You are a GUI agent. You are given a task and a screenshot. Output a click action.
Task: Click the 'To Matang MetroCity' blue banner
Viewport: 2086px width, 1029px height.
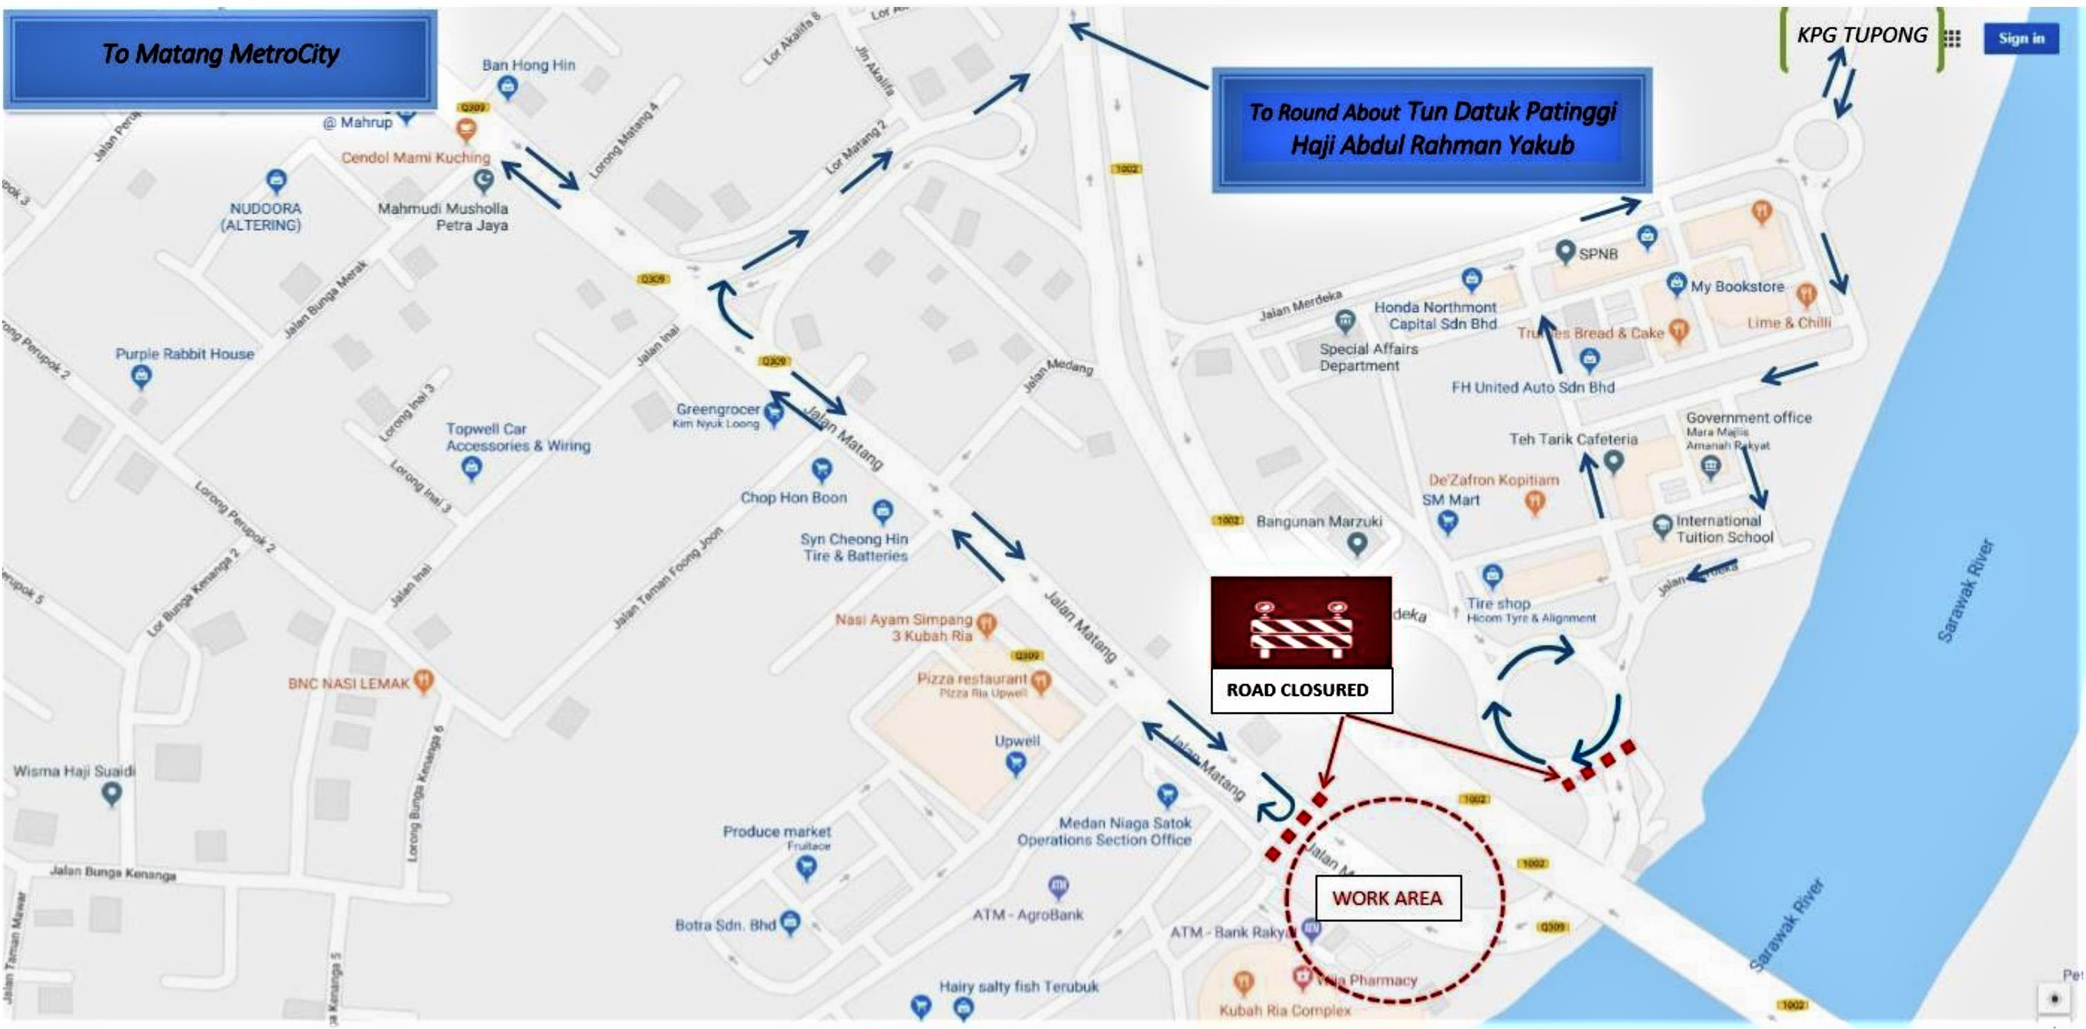pyautogui.click(x=220, y=54)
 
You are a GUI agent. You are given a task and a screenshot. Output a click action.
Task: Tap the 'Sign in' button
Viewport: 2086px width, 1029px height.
pyautogui.click(x=2021, y=38)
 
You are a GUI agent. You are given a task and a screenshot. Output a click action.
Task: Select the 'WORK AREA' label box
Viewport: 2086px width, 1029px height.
pyautogui.click(x=1387, y=898)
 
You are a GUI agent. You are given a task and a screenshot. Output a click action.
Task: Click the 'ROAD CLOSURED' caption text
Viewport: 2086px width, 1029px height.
pyautogui.click(x=1297, y=690)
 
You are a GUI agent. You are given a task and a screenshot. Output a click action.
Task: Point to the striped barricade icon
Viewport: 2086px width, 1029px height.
pyautogui.click(x=1301, y=624)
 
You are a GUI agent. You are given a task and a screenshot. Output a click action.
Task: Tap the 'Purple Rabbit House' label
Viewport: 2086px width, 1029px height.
pyautogui.click(x=184, y=354)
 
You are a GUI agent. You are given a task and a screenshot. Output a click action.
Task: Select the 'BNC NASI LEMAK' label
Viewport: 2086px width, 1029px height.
pyautogui.click(x=349, y=683)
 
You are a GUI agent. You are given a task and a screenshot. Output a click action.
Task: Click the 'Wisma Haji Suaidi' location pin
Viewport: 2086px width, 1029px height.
pyautogui.click(x=112, y=794)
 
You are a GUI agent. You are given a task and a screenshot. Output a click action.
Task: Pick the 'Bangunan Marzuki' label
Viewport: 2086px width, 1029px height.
pyautogui.click(x=1319, y=521)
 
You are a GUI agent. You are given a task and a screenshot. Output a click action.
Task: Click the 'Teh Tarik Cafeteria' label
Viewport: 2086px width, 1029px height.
pyautogui.click(x=1573, y=439)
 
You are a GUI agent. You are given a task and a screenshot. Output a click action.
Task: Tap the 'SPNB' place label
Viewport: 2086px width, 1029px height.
pyautogui.click(x=1598, y=253)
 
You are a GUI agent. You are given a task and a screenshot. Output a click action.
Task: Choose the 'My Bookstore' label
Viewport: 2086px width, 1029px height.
pyautogui.click(x=1737, y=286)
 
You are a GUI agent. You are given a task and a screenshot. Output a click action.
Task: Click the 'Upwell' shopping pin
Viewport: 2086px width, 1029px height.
pyautogui.click(x=1016, y=763)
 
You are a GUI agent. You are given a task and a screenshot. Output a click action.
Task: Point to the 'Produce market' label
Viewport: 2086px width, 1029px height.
pyautogui.click(x=776, y=832)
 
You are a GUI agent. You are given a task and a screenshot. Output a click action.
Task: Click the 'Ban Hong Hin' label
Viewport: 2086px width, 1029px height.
pyautogui.click(x=528, y=65)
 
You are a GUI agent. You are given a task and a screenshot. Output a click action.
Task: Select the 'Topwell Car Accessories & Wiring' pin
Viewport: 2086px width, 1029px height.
pyautogui.click(x=472, y=467)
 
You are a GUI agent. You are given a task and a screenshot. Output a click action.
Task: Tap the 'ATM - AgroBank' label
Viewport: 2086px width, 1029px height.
pyautogui.click(x=1027, y=915)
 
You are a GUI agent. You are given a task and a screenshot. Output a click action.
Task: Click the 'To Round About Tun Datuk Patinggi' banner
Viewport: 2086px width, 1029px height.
pyautogui.click(x=1431, y=129)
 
